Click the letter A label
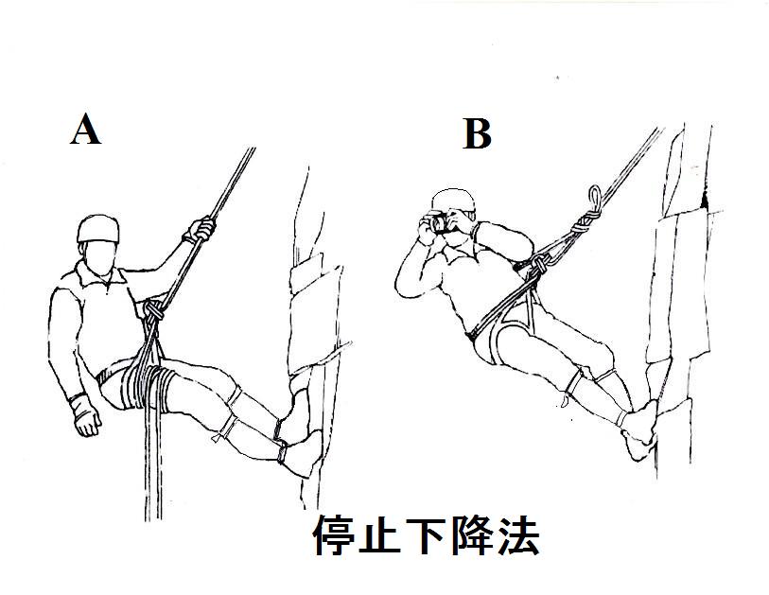(x=85, y=130)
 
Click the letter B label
(x=477, y=135)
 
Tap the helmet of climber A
(x=99, y=227)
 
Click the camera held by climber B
(x=437, y=223)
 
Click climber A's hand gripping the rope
(x=201, y=230)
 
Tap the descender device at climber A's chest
(x=152, y=312)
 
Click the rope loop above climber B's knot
(x=594, y=198)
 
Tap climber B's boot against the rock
(x=642, y=430)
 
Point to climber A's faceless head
(x=98, y=254)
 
